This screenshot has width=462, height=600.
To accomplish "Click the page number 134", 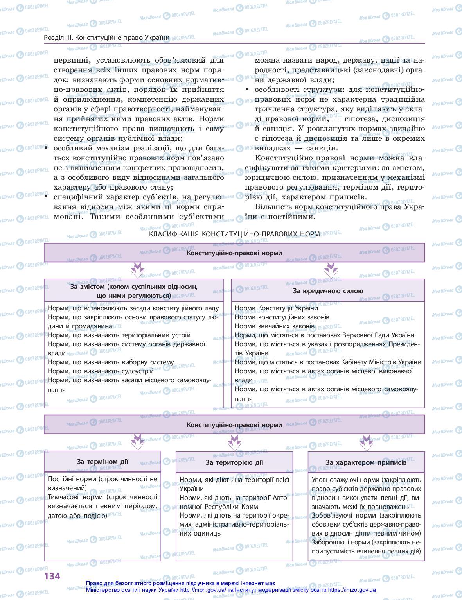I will (x=52, y=576).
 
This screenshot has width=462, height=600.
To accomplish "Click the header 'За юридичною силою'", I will (x=328, y=291).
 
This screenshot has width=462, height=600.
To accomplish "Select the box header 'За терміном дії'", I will (x=102, y=462).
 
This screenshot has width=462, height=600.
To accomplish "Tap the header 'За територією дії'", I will (x=234, y=462).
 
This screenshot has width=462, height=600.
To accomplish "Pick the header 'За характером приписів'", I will (x=366, y=462).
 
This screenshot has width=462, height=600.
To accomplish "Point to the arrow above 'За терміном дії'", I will (x=137, y=442).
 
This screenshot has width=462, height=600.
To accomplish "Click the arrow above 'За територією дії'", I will (x=234, y=442).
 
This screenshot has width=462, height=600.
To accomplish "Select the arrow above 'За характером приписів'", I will (x=366, y=442).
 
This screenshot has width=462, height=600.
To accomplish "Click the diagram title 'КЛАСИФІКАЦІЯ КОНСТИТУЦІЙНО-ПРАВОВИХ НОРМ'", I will (x=234, y=234).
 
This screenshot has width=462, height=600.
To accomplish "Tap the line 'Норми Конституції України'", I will (x=276, y=308).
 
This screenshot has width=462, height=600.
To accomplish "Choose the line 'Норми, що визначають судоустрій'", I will (x=101, y=371).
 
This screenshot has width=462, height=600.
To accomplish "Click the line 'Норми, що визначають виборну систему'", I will (x=111, y=362).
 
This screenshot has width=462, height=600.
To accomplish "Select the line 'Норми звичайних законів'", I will (x=275, y=326).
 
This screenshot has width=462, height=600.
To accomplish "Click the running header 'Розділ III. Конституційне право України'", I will (x=107, y=38).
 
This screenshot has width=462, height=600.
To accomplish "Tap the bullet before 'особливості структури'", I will (x=246, y=89).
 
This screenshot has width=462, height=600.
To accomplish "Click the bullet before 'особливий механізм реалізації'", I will (x=46, y=148).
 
